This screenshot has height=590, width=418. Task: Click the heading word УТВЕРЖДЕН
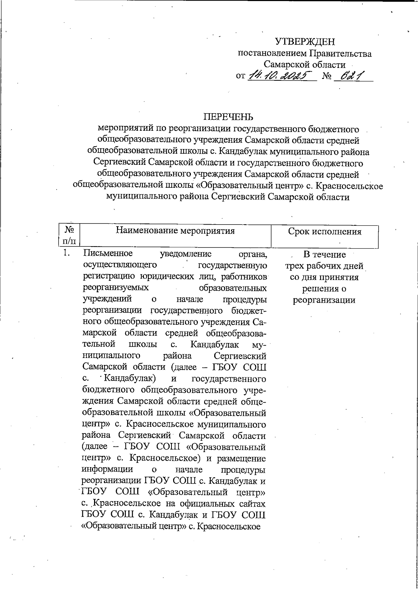[305, 42]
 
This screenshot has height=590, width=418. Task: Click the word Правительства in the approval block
[340, 54]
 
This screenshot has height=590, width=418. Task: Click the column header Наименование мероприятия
[175, 231]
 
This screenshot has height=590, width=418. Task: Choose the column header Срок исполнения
[325, 232]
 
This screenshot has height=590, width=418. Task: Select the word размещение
[241, 458]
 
